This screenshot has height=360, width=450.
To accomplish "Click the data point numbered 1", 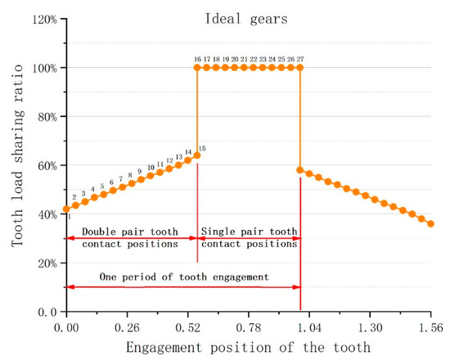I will coord(66,209).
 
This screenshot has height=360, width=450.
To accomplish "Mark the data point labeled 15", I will coord(196,155).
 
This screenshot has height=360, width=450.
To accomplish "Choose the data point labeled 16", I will coord(197,67).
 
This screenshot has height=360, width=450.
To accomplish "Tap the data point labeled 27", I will coord(300,67).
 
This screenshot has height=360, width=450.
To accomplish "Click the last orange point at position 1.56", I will coord(431,223).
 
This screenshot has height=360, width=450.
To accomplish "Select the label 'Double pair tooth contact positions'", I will coord(131,237).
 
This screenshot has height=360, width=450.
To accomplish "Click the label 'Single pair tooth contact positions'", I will coord(249,237).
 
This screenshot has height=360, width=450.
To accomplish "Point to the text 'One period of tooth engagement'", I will coord(184,277).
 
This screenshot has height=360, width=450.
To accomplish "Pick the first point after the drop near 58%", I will coord(300,170).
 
